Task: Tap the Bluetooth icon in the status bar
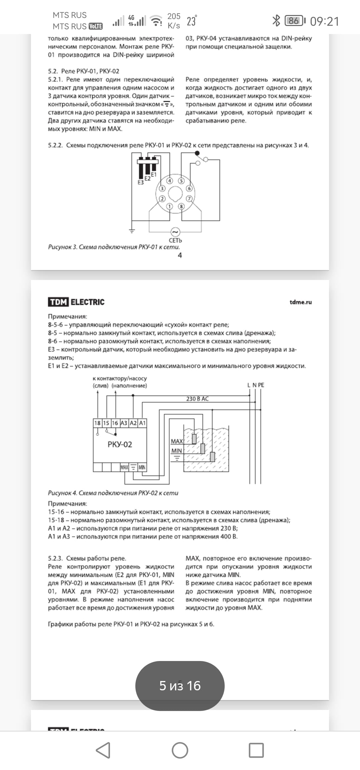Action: click(276, 21)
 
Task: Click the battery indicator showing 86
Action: click(295, 21)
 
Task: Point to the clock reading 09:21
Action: click(324, 21)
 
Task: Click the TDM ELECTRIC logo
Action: click(76, 302)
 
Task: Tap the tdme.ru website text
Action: click(300, 302)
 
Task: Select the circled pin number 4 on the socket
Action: click(170, 181)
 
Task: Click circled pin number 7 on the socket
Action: click(189, 199)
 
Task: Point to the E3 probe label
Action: click(141, 182)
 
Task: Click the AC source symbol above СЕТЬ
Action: click(175, 232)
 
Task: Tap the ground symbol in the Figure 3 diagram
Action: click(132, 231)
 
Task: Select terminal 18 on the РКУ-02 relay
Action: click(97, 423)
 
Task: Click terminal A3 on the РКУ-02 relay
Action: click(124, 423)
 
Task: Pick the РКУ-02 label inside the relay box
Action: click(120, 444)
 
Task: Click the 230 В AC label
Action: click(197, 399)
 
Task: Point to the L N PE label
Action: click(256, 385)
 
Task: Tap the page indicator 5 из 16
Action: click(180, 686)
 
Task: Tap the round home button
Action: click(180, 750)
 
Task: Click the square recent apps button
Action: click(256, 750)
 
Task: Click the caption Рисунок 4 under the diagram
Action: click(113, 493)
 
